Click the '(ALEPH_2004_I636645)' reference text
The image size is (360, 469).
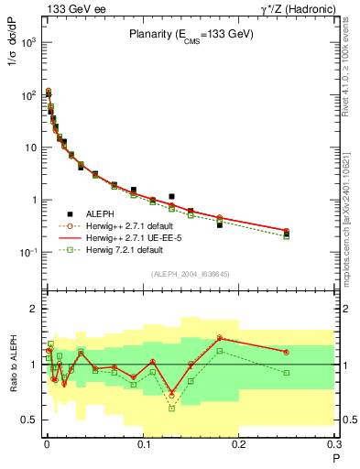[x=190, y=274]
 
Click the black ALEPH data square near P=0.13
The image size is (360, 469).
[x=171, y=196]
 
